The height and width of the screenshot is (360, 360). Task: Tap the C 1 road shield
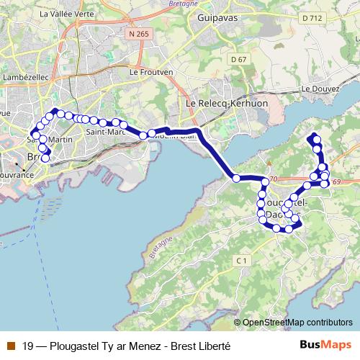[x=242, y=260]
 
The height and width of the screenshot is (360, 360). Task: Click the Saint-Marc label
[x=102, y=132]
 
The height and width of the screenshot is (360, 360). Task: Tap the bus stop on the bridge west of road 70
[x=236, y=178]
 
